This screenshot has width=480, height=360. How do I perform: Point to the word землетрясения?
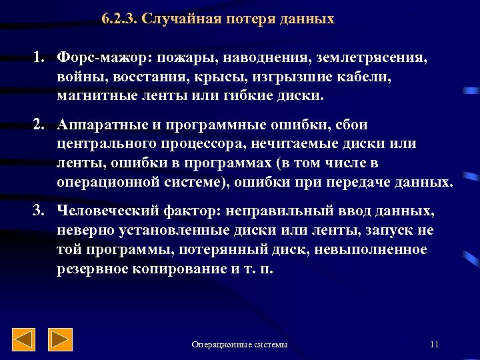[x=377, y=59]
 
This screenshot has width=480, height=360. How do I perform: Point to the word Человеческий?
[x=107, y=212]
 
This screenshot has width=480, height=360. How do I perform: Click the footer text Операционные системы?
[x=239, y=345]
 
